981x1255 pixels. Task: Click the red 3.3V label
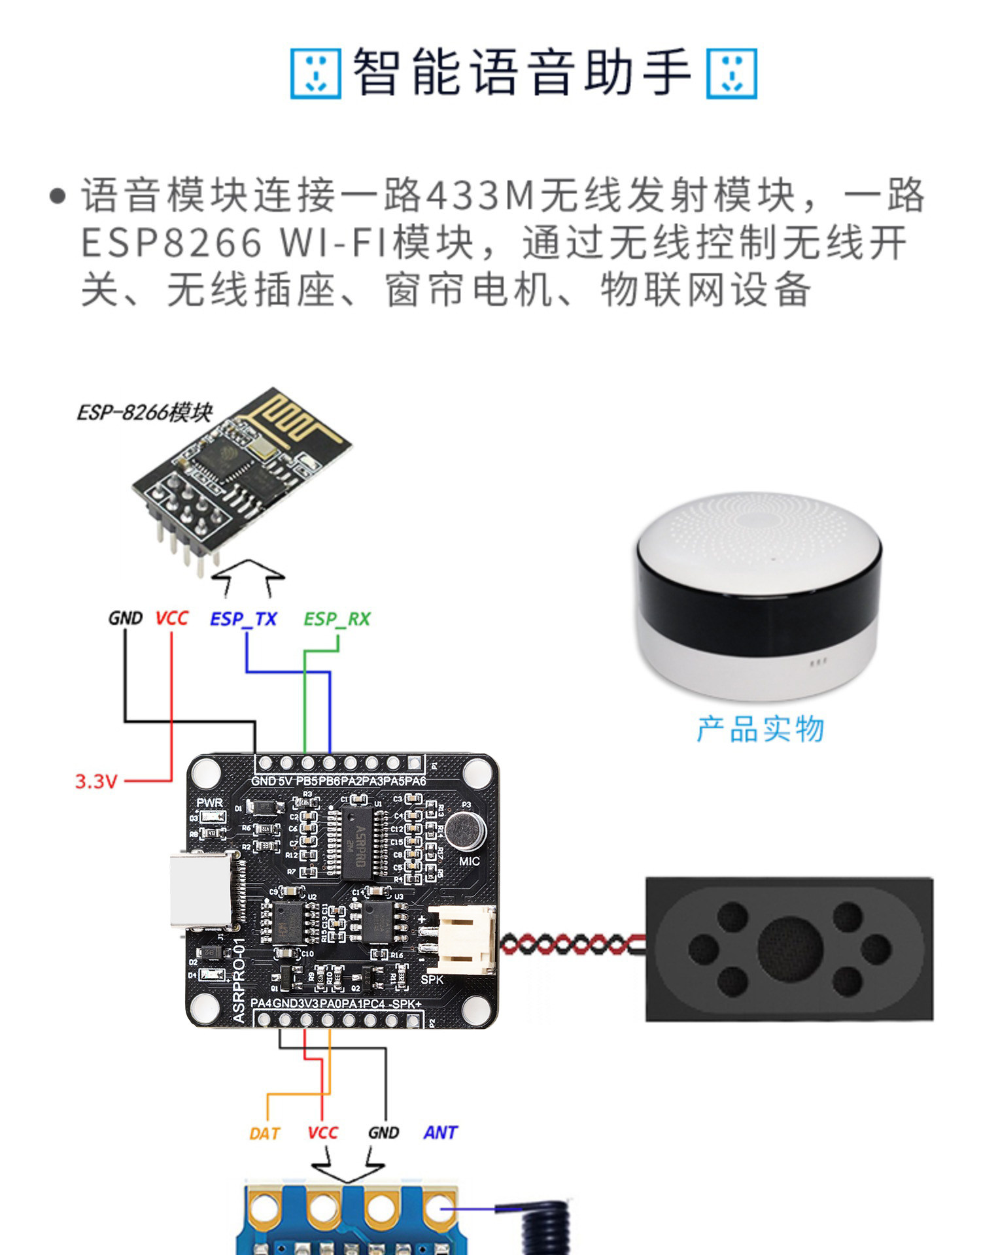[x=95, y=781]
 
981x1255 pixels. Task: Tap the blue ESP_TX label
[x=243, y=618]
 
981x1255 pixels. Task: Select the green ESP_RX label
[x=337, y=618]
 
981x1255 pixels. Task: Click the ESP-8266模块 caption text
[x=145, y=413]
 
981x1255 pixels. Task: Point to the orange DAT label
[x=264, y=1133]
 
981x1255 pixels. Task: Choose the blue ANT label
[x=440, y=1133]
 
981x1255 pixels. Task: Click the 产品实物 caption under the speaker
[x=760, y=729]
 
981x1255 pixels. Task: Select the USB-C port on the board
[x=199, y=890]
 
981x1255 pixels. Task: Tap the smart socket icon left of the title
[x=315, y=73]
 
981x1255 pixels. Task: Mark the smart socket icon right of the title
[x=731, y=73]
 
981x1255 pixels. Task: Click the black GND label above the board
[x=125, y=618]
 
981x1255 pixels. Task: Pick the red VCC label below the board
[x=322, y=1133]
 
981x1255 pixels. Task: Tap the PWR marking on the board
[x=209, y=803]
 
